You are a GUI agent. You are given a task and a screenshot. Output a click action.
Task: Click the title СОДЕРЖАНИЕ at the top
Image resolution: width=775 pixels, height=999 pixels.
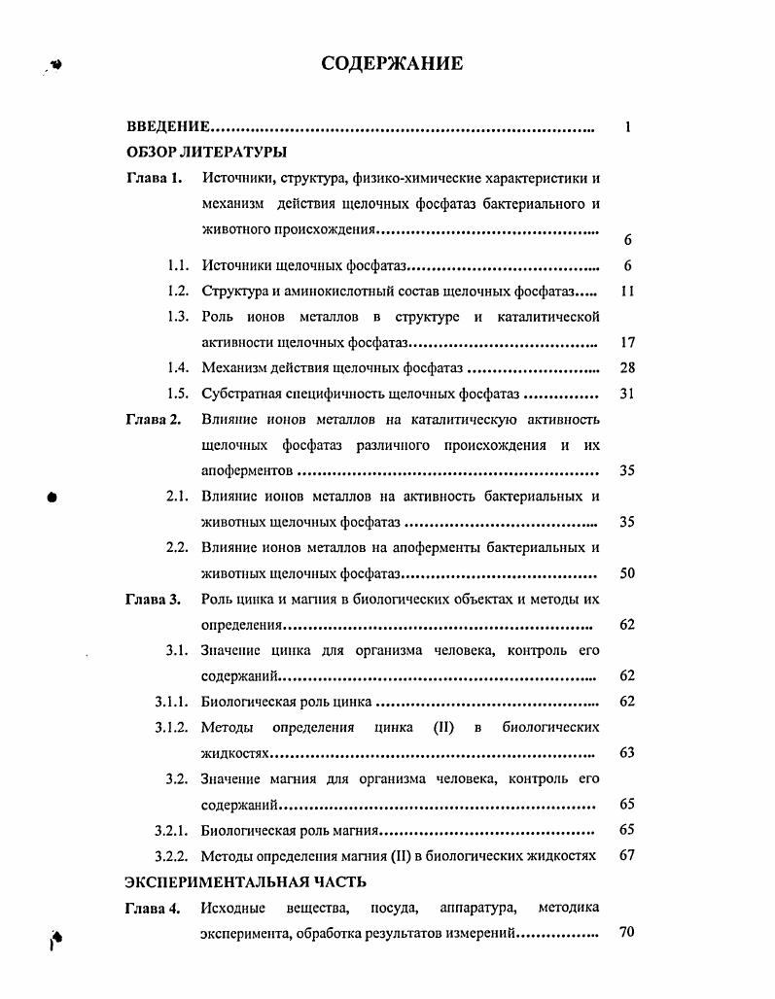point(392,64)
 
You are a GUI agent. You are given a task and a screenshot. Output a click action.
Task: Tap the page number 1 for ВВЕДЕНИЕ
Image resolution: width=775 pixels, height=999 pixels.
point(628,127)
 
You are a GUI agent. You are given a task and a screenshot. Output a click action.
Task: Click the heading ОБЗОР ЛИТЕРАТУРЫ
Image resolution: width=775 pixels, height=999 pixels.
point(206,153)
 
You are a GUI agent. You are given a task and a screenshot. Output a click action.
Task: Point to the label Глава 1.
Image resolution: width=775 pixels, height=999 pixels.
point(154,178)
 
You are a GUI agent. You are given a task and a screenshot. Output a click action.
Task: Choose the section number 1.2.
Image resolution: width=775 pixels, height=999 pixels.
point(177,292)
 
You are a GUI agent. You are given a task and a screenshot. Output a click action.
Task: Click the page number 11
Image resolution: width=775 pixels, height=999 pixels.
point(627,292)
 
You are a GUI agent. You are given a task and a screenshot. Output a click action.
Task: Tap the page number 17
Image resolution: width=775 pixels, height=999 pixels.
point(627,343)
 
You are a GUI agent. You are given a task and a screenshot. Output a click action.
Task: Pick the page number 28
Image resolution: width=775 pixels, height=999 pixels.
point(627,368)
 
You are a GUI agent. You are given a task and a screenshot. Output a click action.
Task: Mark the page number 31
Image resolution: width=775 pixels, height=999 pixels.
point(627,395)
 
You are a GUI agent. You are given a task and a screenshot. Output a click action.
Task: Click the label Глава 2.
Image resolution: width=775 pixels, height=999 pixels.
point(154,420)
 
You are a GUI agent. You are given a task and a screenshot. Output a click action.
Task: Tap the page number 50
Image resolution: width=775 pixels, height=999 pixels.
point(627,573)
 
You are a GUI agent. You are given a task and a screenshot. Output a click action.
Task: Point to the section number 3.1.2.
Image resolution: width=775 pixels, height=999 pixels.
point(171,727)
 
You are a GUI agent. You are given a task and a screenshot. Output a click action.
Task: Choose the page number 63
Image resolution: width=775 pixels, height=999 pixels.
point(627,752)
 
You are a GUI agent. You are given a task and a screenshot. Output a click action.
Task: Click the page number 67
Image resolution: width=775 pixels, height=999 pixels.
point(627,855)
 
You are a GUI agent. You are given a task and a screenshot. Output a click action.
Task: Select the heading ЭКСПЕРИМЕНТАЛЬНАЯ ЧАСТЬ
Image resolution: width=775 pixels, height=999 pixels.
point(246,881)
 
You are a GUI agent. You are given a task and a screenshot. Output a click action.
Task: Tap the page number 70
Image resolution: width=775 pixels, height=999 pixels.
point(627,933)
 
